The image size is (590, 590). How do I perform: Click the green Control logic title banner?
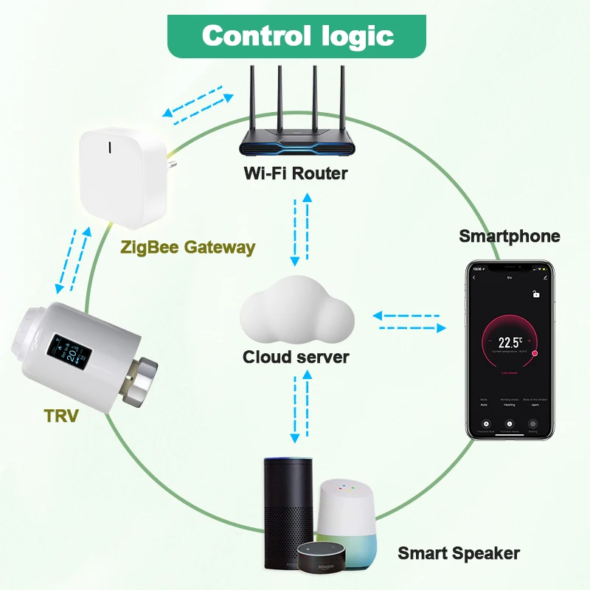(298, 35)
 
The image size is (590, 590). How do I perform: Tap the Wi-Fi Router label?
(295, 174)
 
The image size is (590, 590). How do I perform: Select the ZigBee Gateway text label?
(188, 247)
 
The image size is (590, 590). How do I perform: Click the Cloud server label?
(296, 357)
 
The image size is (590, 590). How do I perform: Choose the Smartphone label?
(509, 236)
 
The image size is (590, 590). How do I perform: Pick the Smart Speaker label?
(459, 553)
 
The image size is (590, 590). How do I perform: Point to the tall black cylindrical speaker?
(288, 509)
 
